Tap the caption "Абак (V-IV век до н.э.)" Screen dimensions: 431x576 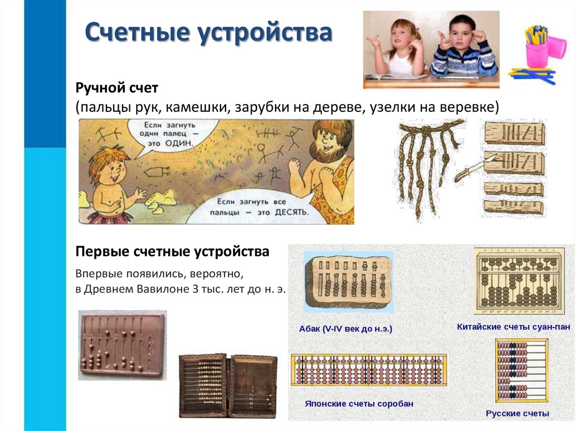pos(345,329)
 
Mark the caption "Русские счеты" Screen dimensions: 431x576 pos(517,414)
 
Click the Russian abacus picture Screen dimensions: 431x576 pos(521,370)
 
